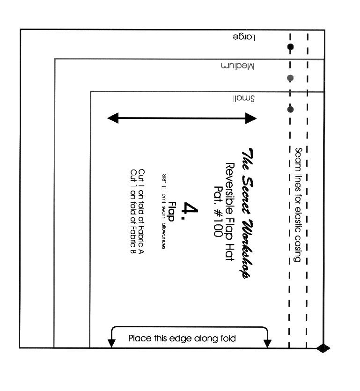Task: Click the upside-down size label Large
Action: (x=244, y=37)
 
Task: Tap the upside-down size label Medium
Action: (x=238, y=66)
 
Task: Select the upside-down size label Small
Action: (x=244, y=98)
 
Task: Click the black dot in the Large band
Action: (x=290, y=47)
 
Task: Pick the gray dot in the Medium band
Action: (x=290, y=78)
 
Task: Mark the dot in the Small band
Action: (x=290, y=109)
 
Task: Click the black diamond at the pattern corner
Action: (x=323, y=348)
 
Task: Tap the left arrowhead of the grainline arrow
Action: (x=113, y=118)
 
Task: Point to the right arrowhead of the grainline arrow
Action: (x=251, y=118)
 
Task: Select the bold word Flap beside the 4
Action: (x=171, y=211)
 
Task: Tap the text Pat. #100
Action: (x=219, y=211)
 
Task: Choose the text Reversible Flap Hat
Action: (x=230, y=212)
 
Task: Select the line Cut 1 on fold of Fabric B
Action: (x=133, y=212)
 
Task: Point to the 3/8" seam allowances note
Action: (x=164, y=212)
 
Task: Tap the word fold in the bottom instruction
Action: (x=228, y=339)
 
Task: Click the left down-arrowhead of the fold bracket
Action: (x=111, y=343)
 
